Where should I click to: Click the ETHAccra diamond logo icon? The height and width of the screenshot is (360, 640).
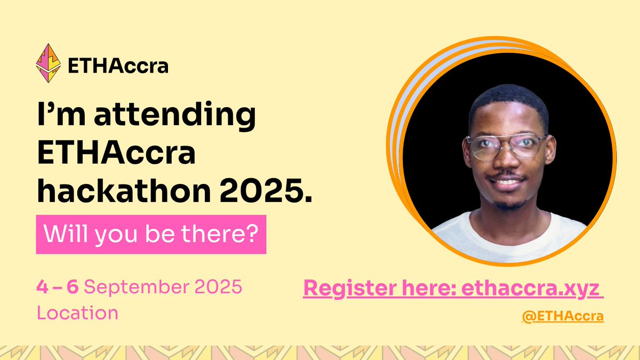(47, 63)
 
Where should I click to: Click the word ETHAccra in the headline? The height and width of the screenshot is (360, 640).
(116, 155)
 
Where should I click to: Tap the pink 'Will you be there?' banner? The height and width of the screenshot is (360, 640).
(151, 234)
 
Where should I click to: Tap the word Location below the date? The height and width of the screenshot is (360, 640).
(77, 313)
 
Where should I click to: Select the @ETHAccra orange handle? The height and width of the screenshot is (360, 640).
(563, 316)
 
